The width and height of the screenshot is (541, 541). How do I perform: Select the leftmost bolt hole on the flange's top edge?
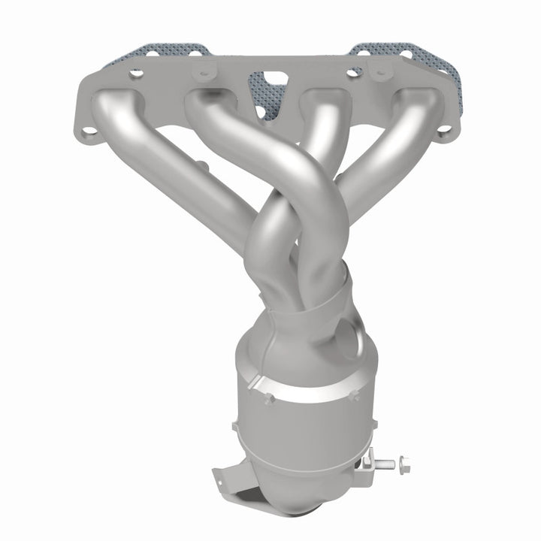coord(135,74)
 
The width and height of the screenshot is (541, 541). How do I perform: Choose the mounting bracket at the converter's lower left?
coord(229,481)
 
